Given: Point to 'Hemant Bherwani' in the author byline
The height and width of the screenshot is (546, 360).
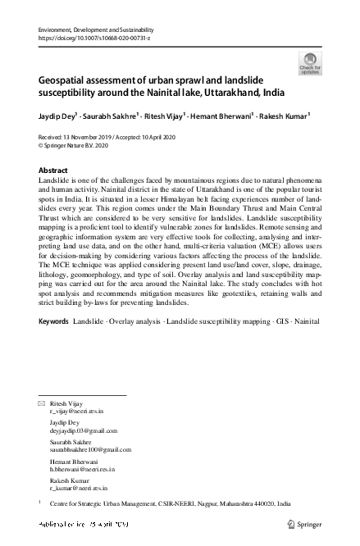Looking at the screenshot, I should pyautogui.click(x=223, y=116).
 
